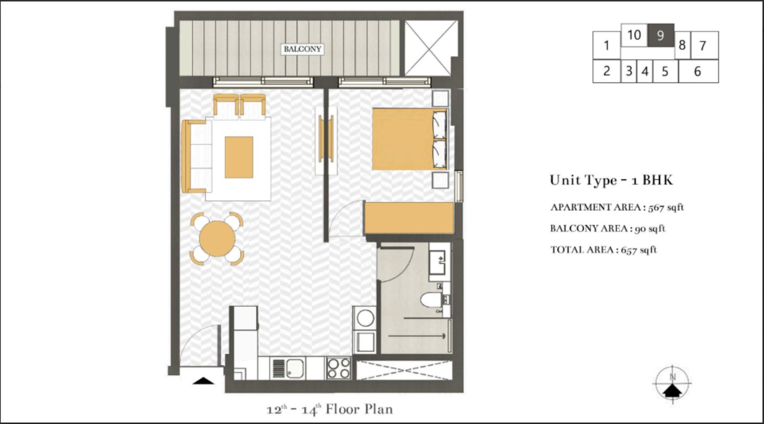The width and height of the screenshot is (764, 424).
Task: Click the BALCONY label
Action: (x=303, y=49)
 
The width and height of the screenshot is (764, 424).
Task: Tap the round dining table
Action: (x=217, y=239)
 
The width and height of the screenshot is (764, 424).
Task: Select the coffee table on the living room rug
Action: (x=239, y=157)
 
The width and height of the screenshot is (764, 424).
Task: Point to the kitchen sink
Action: (x=291, y=368)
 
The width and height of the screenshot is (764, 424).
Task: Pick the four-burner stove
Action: (x=339, y=368)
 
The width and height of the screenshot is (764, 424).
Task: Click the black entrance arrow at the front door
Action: (x=204, y=381)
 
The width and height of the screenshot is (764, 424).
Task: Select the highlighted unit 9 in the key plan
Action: (x=660, y=35)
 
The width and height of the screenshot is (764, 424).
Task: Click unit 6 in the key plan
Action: (x=697, y=71)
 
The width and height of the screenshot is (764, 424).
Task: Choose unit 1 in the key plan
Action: (x=606, y=45)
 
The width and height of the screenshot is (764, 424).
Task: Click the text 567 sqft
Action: (x=666, y=207)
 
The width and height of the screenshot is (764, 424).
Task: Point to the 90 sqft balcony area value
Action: (x=650, y=228)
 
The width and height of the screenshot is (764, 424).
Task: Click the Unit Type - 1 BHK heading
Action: (x=611, y=180)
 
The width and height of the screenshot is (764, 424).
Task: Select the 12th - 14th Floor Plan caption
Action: (x=329, y=409)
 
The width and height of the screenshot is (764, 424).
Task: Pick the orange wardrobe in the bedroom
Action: (x=409, y=218)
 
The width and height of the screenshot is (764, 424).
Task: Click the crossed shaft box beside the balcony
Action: (x=428, y=48)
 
